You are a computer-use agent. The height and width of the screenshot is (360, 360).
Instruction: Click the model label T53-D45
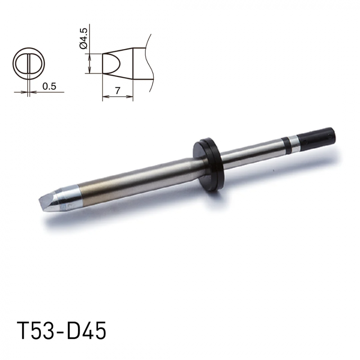coord(62,330)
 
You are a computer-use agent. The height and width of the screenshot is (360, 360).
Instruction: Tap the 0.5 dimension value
coord(49,86)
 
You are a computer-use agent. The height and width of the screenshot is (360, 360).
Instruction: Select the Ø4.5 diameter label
coord(83,38)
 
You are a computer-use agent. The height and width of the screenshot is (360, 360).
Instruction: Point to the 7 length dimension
coord(118,91)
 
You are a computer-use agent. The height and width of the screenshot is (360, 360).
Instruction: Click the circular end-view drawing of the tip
coord(29,64)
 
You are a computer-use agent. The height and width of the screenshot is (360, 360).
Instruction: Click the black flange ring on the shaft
coord(208,164)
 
